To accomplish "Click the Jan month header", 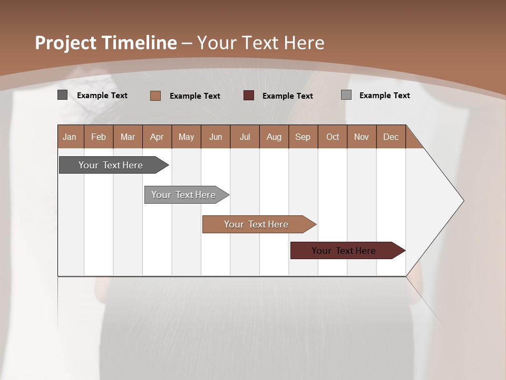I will tap(70, 137).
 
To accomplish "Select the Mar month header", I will tap(128, 137).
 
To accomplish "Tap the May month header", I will tap(186, 137).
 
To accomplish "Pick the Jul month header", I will tap(245, 137).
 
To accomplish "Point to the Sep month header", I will tap(303, 137).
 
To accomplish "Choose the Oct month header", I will tap(333, 137).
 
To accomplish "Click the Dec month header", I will tap(391, 137).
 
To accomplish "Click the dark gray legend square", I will tap(62, 95).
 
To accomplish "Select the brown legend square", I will tap(155, 96).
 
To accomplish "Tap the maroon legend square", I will tap(249, 96).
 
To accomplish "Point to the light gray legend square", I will tap(346, 95).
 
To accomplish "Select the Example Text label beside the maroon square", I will tap(287, 96).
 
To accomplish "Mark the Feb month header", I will tap(99, 137).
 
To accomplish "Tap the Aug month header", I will tap(274, 137).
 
